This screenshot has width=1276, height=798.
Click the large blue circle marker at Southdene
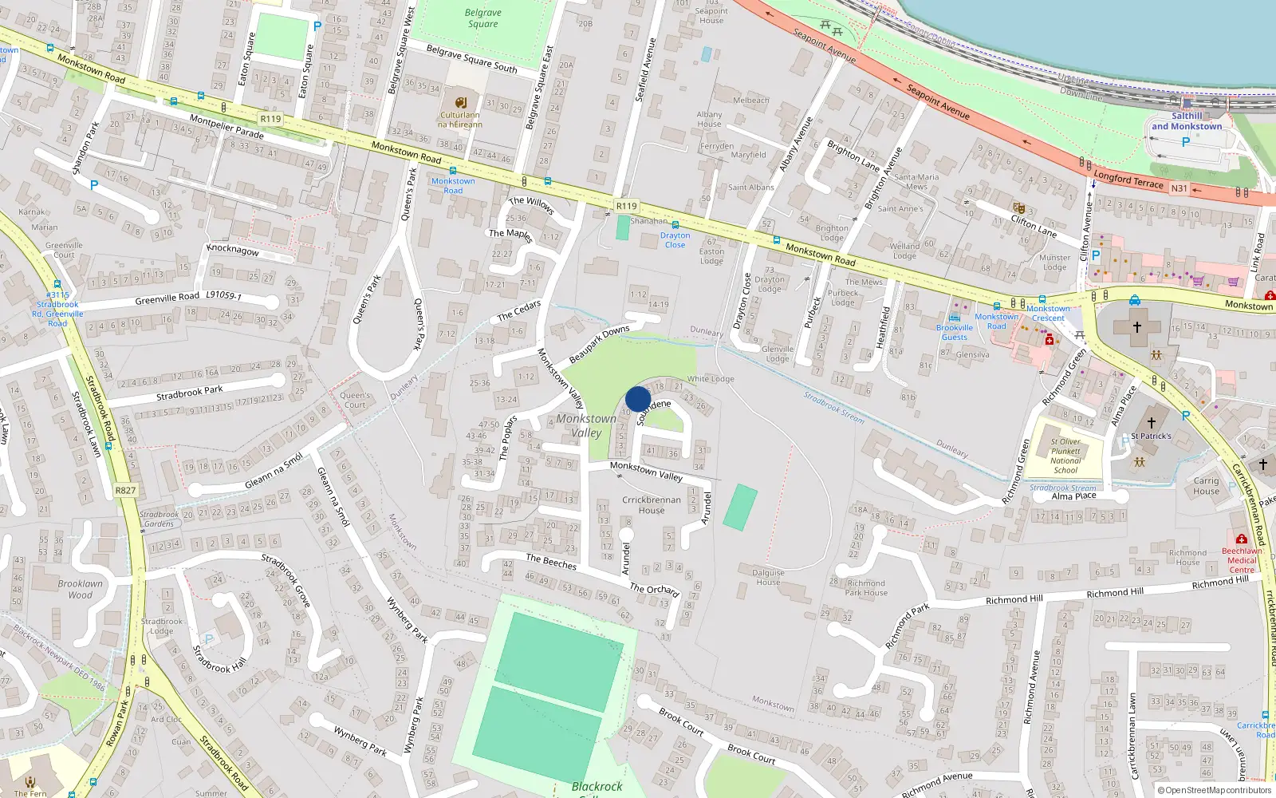638,399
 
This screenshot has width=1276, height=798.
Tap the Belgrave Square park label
482,18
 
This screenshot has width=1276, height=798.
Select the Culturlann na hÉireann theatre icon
460,102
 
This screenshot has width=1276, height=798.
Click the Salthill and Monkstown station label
1186,121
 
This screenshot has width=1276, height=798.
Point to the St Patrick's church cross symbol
1151,422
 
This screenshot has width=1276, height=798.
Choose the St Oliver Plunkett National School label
1065,456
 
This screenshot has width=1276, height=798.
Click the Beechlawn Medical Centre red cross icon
1241,539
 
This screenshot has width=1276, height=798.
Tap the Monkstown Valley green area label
586,425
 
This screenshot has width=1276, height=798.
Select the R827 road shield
125,490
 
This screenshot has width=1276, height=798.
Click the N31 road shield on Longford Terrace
1179,188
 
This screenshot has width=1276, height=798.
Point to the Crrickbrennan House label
652,505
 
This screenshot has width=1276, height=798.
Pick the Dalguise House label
768,577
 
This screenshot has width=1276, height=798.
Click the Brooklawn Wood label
80,589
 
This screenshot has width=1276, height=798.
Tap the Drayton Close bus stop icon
675,226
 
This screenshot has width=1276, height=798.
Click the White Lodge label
711,379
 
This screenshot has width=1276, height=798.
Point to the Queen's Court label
355,400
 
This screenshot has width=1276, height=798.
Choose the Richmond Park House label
866,587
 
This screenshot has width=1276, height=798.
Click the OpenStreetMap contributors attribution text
1218,791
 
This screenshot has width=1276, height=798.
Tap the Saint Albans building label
750,188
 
